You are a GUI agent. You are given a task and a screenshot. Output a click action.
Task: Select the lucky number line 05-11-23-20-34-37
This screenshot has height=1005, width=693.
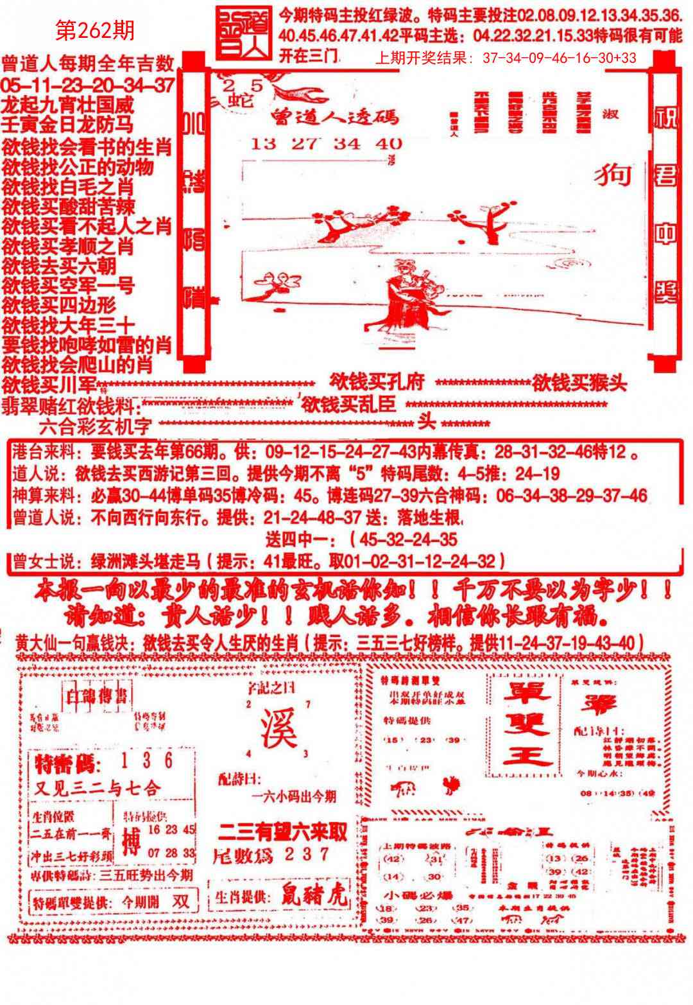[x=88, y=84]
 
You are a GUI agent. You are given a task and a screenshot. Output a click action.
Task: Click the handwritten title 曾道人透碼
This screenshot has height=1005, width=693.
[x=334, y=116]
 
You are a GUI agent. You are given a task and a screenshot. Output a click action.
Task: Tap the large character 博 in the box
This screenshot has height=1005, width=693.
[x=131, y=841]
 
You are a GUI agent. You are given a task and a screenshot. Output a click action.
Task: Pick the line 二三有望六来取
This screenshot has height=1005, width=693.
[x=282, y=832]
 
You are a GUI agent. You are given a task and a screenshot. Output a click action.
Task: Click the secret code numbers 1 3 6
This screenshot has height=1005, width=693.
[x=148, y=760]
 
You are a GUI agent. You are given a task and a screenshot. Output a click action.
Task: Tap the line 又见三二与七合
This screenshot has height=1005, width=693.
[x=97, y=788]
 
